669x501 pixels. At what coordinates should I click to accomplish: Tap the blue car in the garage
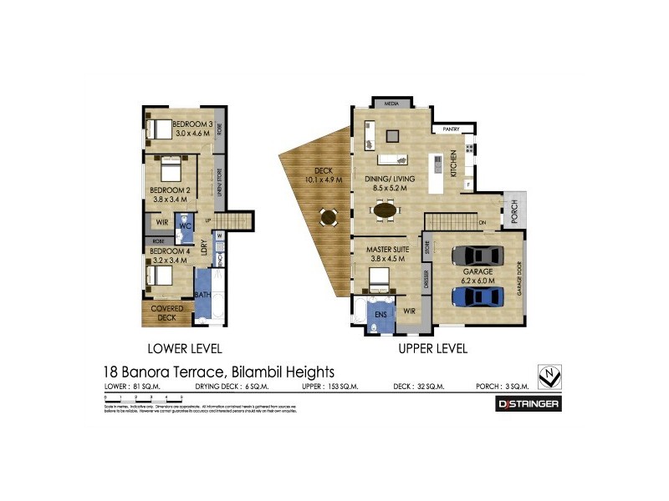(472, 296)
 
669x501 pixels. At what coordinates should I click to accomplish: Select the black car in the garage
(472, 255)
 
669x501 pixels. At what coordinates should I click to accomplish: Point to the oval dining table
(386, 210)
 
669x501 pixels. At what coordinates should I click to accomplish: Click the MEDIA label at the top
(391, 104)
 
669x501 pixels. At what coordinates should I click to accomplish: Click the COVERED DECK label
(167, 312)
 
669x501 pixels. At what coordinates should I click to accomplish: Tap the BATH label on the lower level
(202, 295)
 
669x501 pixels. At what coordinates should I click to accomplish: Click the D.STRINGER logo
(529, 404)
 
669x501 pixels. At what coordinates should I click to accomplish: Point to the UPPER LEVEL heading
(432, 348)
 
